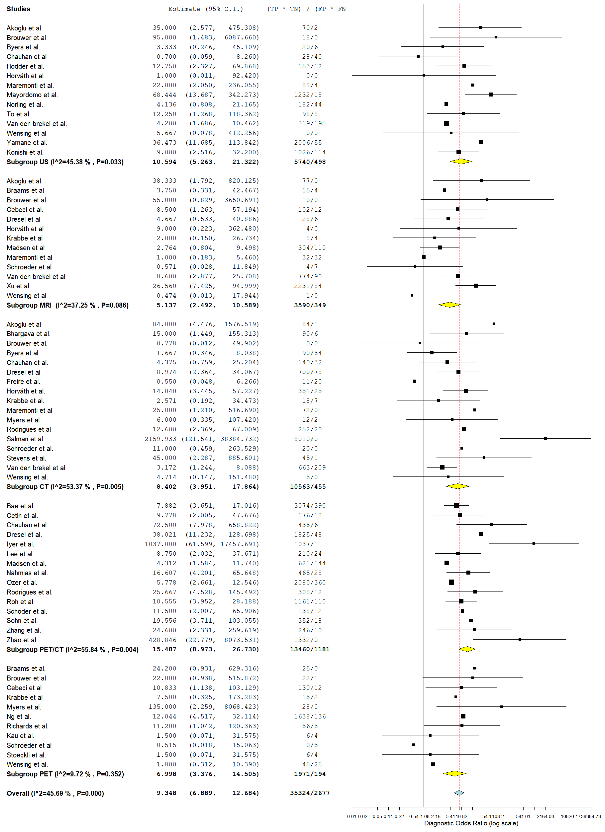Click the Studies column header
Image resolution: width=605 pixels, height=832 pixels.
[18, 9]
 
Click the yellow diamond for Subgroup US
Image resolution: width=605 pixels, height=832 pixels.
[461, 161]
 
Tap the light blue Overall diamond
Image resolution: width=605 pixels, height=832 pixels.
[459, 793]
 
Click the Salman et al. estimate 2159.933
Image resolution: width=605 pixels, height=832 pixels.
[160, 439]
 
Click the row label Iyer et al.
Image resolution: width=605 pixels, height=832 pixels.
[20, 544]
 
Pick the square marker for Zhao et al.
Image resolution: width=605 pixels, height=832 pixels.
[520, 639]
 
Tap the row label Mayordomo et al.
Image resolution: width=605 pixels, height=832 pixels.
[32, 95]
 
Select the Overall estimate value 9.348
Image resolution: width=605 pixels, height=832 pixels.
[166, 793]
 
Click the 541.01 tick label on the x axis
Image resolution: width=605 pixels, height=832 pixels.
[523, 816]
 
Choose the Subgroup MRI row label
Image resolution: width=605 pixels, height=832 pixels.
[68, 305]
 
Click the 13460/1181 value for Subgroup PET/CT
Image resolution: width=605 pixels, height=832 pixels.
[310, 649]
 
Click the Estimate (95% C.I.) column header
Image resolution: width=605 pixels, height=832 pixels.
[206, 9]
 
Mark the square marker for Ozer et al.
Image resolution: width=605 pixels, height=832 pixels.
[451, 582]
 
